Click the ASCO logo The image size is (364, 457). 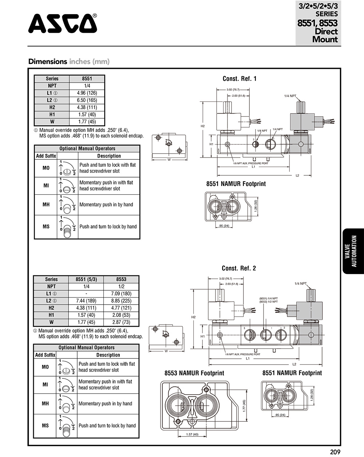click(63, 24)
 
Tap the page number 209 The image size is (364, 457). click(335, 452)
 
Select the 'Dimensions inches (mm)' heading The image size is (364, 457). click(69, 61)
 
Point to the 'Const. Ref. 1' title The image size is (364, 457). click(240, 79)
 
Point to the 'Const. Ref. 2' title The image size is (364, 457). click(239, 268)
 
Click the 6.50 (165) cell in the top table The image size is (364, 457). click(87, 100)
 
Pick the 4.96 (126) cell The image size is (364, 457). click(87, 93)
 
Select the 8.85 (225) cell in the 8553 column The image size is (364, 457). click(121, 301)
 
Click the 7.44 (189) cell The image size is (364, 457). click(86, 301)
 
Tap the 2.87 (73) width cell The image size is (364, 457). click(121, 322)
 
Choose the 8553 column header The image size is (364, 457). click(121, 279)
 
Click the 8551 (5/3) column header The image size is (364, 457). click(86, 279)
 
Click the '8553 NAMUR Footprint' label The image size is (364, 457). click(194, 373)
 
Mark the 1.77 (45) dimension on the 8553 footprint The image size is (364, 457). click(244, 406)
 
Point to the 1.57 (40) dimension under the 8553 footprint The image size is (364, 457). click(192, 434)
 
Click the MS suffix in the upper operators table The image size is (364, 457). click(46, 227)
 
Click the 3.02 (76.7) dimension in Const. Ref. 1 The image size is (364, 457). click(233, 90)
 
